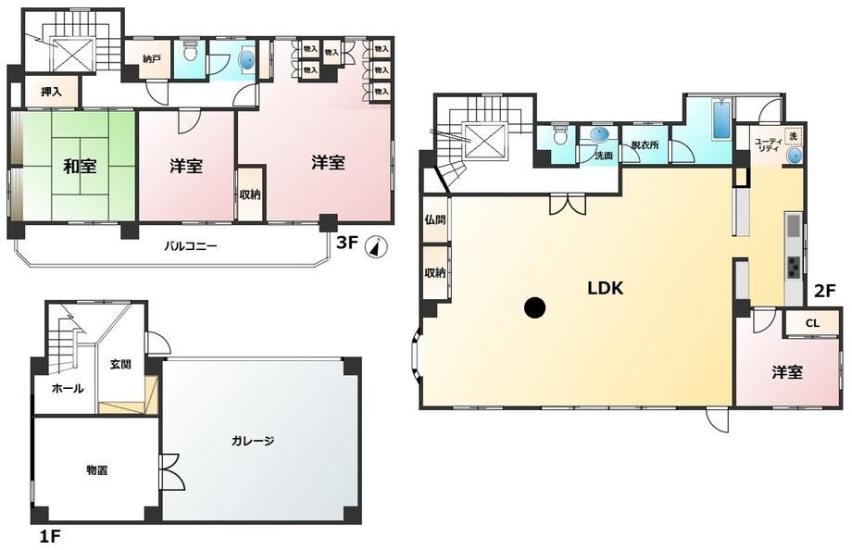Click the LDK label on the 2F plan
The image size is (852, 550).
[606, 288]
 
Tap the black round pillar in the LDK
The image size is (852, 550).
[534, 308]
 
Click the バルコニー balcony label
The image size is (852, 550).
[191, 246]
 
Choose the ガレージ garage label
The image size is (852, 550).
[253, 441]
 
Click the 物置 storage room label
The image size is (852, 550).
[96, 470]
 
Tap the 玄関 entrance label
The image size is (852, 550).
[120, 364]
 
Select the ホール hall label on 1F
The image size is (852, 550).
[68, 389]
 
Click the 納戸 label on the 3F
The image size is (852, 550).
[152, 58]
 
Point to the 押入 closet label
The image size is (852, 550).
[52, 92]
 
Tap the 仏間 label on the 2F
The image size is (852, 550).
[435, 219]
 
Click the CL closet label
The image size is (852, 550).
[812, 323]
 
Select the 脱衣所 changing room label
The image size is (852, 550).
[645, 145]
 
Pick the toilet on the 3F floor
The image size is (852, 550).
[190, 53]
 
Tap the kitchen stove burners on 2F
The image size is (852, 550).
[793, 267]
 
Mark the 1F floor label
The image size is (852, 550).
[49, 537]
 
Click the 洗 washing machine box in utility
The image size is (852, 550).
[794, 136]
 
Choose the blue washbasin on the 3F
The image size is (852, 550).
[246, 60]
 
